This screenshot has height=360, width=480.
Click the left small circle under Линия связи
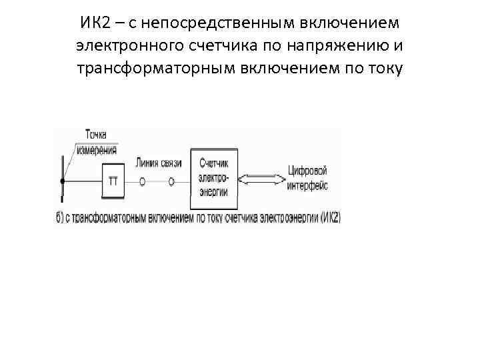point(143,181)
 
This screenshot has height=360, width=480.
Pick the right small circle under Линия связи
point(171,181)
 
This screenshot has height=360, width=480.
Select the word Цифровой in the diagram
point(307,169)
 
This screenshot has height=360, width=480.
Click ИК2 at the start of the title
point(95,23)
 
